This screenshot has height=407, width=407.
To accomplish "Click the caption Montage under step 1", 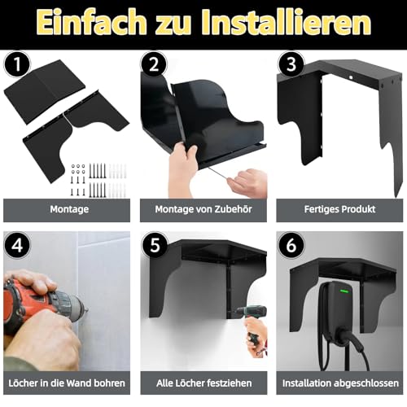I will (66, 209).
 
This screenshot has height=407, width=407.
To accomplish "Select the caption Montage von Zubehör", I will (203, 209).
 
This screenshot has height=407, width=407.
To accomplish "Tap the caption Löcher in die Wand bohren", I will (66, 383).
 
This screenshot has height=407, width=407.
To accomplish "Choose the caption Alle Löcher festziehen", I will (203, 383).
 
